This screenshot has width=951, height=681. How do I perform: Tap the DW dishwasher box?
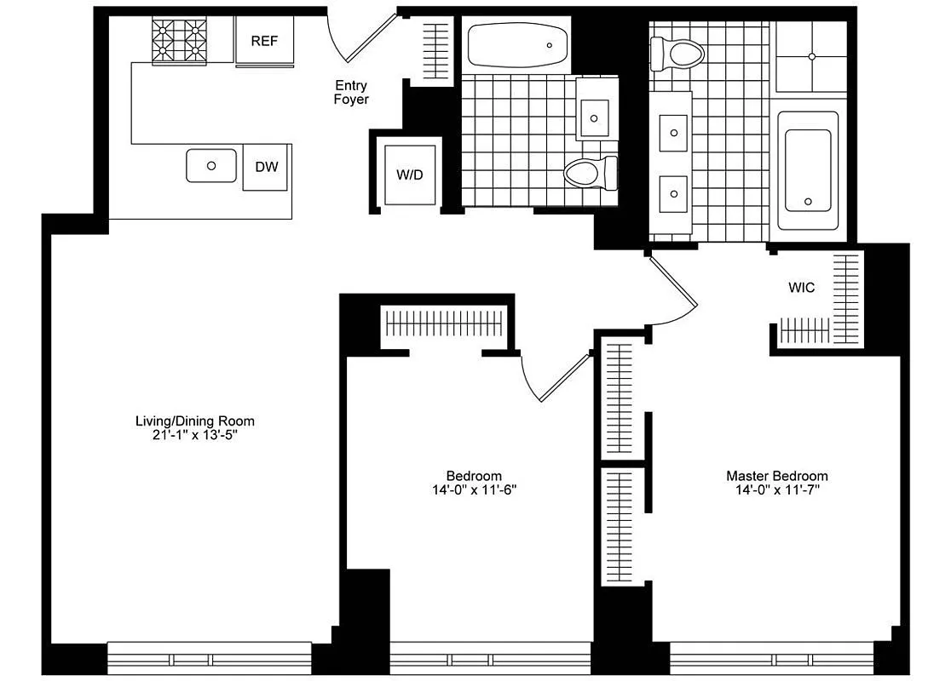click(x=266, y=167)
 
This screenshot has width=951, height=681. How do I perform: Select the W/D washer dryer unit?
click(x=409, y=175)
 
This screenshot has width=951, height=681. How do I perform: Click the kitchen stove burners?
click(x=181, y=42)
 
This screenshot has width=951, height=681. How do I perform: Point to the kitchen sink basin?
click(x=210, y=165)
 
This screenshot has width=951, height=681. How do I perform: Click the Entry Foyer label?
click(x=351, y=92)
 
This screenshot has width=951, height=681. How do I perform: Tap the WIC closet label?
click(x=801, y=288)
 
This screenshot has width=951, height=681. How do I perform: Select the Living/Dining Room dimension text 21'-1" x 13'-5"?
click(x=195, y=435)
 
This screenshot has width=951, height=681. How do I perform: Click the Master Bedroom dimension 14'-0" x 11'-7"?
click(x=776, y=490)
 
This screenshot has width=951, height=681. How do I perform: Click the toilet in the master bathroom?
click(x=677, y=54)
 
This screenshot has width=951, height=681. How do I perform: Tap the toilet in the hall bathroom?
click(x=590, y=174)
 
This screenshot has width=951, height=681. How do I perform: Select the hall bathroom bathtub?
click(x=518, y=45)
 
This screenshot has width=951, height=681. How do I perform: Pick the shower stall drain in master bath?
click(x=811, y=56)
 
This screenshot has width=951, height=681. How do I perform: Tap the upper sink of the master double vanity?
click(x=674, y=133)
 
